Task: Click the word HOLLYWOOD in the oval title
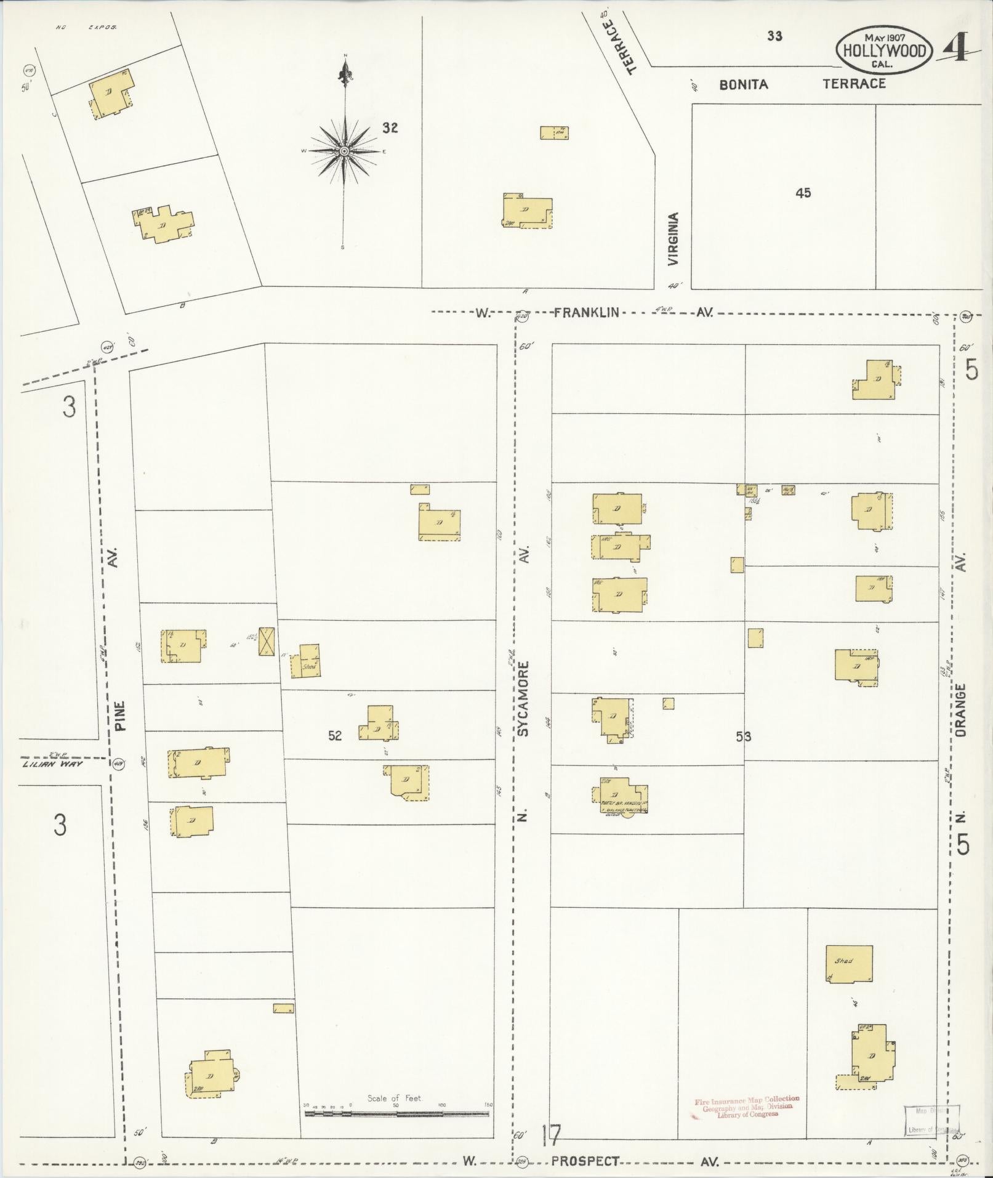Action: [x=884, y=51]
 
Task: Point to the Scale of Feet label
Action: [x=395, y=1097]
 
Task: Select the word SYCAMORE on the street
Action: [x=523, y=699]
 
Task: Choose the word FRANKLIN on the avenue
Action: [x=586, y=313]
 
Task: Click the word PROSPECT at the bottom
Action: [x=585, y=1161]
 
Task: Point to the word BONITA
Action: [x=744, y=84]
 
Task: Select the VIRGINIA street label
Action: [x=673, y=239]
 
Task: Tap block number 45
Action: [x=803, y=193]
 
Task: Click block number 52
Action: [x=334, y=736]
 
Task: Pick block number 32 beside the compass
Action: [x=390, y=128]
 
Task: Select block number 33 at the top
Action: [x=774, y=36]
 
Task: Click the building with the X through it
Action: [x=267, y=642]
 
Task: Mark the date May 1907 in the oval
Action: [x=884, y=36]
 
